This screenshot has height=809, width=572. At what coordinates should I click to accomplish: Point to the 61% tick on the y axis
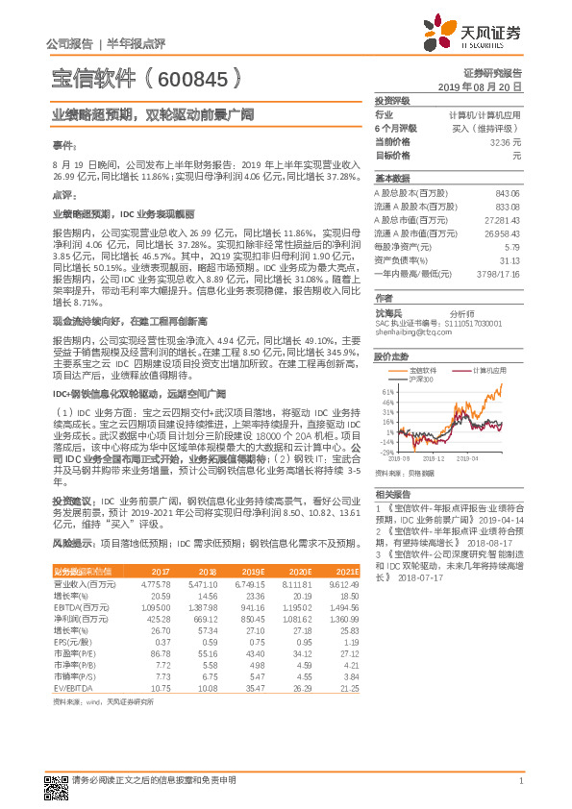pyautogui.click(x=387, y=392)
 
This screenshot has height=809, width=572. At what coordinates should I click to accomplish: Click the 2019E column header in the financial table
pyautogui.click(x=253, y=572)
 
